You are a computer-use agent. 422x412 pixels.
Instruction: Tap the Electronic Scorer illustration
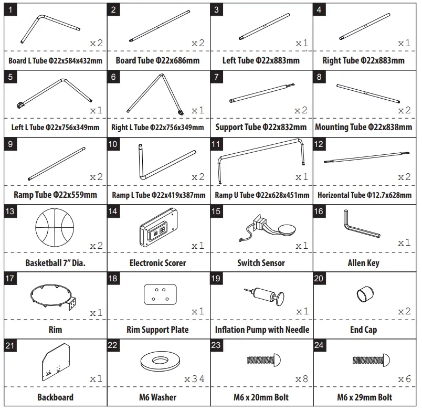click(x=157, y=227)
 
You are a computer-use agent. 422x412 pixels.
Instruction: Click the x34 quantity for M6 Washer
click(x=194, y=379)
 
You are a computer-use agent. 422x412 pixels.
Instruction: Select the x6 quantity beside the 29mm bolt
click(x=404, y=379)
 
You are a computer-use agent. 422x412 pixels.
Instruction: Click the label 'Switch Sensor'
click(x=261, y=263)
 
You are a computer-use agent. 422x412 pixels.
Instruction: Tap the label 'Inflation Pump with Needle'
click(x=262, y=330)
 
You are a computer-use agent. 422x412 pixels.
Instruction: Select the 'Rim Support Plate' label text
click(x=157, y=330)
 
